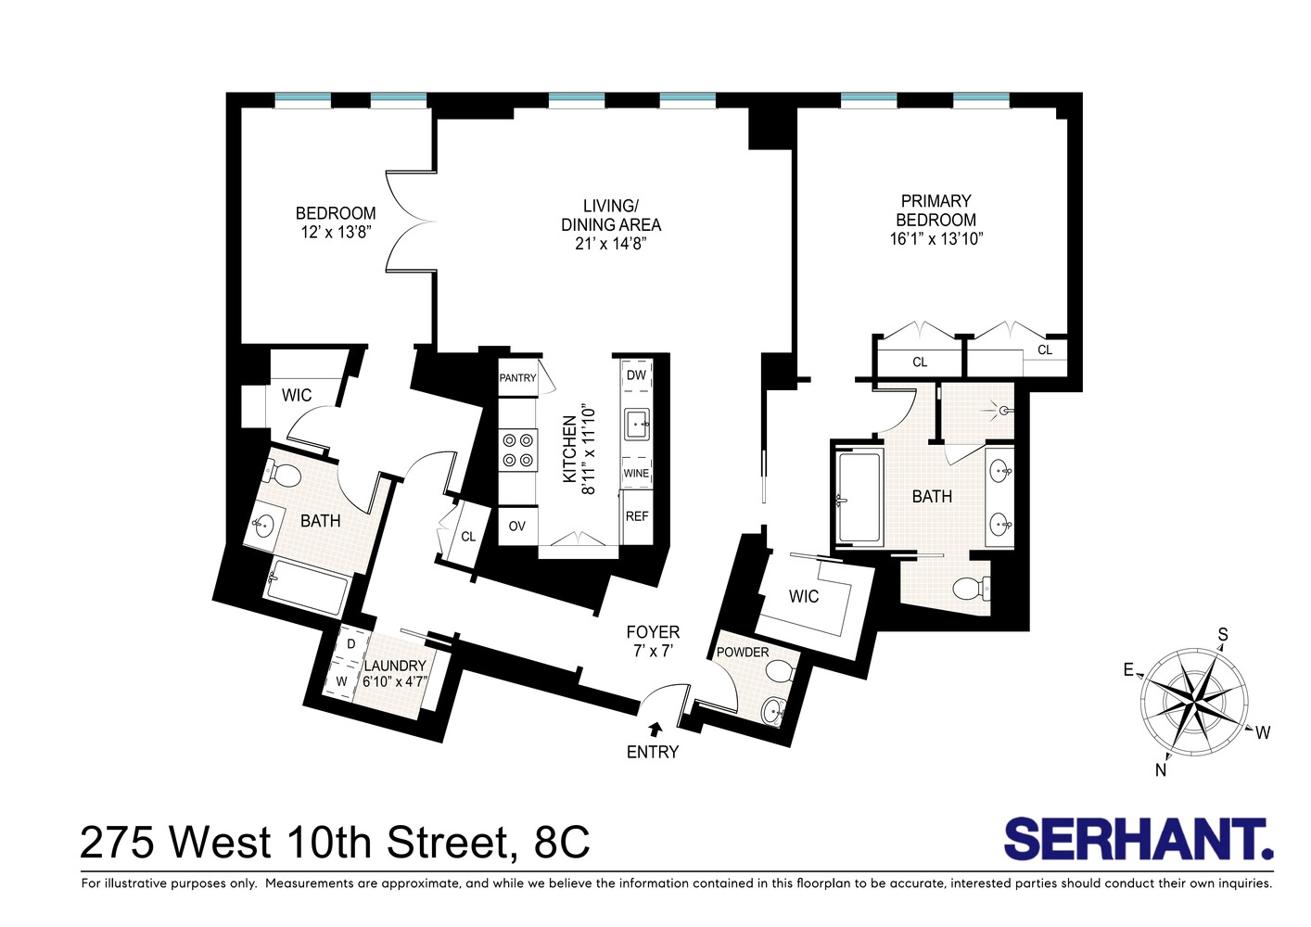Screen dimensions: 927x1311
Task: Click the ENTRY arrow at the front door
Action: [x=656, y=730]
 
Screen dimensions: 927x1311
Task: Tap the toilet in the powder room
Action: [x=782, y=671]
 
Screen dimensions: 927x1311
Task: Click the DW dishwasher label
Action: [x=636, y=375]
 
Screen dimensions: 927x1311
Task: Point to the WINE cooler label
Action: [x=636, y=473]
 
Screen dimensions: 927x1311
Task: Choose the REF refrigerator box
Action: [x=637, y=516]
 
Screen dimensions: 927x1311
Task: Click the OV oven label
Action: [x=517, y=526]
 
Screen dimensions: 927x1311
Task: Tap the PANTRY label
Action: [x=517, y=377]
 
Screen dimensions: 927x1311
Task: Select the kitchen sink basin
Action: [x=637, y=425]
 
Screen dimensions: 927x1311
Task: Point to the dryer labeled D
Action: [x=350, y=643]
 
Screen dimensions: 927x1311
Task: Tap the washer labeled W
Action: [x=341, y=681]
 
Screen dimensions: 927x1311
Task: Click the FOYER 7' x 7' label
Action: [x=653, y=641]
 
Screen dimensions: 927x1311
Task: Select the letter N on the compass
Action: [x=1160, y=769]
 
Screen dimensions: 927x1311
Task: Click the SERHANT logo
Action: [x=1138, y=840]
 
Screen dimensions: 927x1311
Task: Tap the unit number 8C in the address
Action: [x=562, y=843]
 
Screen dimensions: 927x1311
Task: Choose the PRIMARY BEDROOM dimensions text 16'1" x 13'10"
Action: [x=936, y=238]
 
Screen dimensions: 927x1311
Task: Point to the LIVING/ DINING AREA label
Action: [x=611, y=215]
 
